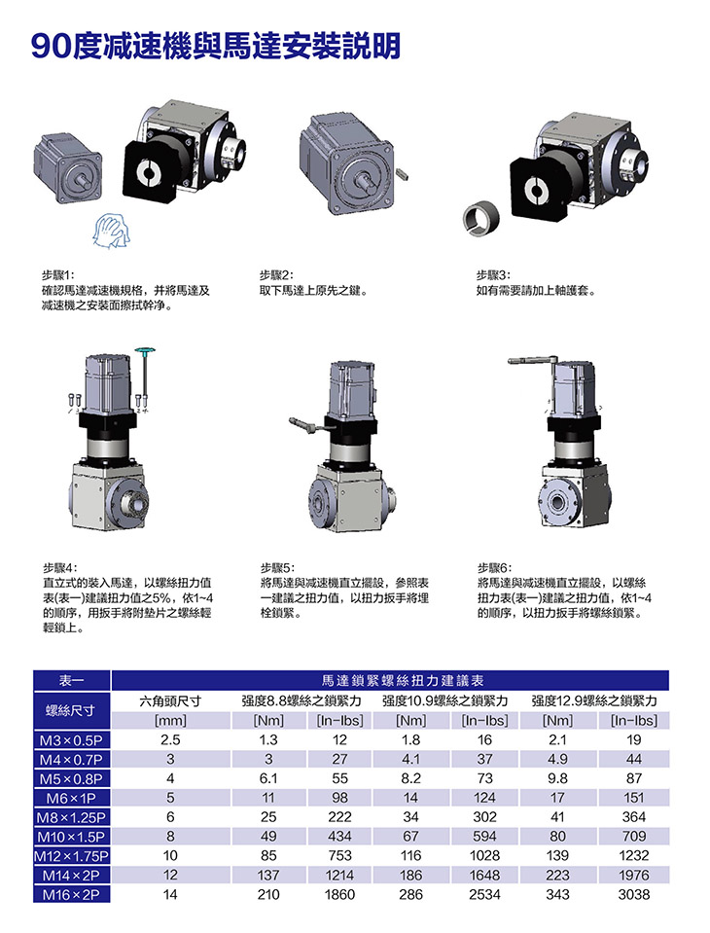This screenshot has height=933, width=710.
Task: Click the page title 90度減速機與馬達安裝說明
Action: pos(215,45)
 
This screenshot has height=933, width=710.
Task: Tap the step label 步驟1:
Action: pos(57,275)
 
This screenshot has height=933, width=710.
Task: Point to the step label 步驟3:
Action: pos(493,275)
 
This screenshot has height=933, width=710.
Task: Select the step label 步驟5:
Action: pos(277,567)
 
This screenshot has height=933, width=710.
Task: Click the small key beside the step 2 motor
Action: pos(402,173)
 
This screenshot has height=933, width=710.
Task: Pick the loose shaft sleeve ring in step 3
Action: pos(481,219)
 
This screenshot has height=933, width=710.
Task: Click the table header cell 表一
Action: pos(72,680)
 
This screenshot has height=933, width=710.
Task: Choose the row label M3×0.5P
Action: pos(71,740)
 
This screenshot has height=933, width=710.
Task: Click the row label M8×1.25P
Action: pos(71,817)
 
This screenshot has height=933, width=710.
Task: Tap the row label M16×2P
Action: pos(71,894)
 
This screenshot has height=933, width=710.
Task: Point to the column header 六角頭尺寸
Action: pos(170,700)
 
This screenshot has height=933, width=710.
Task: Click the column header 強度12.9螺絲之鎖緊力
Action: pos(594,700)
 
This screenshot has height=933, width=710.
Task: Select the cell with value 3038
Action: pos(634,894)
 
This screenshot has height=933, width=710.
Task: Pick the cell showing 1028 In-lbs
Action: pos(484,855)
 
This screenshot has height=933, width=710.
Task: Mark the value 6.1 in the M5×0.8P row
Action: pos(268,779)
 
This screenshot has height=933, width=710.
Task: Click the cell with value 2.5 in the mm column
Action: pos(170,740)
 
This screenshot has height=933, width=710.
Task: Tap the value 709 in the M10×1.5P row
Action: pos(634,837)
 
